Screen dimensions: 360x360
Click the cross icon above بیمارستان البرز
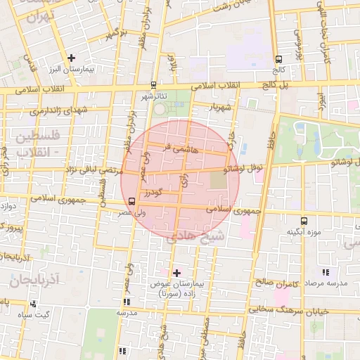pyautogui.click(x=70, y=58)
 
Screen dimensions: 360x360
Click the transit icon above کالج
pyautogui.click(x=279, y=60)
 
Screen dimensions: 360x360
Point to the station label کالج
pyautogui.click(x=279, y=71)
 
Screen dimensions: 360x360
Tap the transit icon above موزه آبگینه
pyautogui.click(x=303, y=219)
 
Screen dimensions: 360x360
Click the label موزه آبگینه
pyautogui.click(x=304, y=231)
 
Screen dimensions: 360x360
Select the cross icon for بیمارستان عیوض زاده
pyautogui.click(x=176, y=272)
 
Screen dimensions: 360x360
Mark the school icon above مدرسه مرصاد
pyautogui.click(x=324, y=272)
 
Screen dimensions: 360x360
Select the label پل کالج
pyautogui.click(x=292, y=85)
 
